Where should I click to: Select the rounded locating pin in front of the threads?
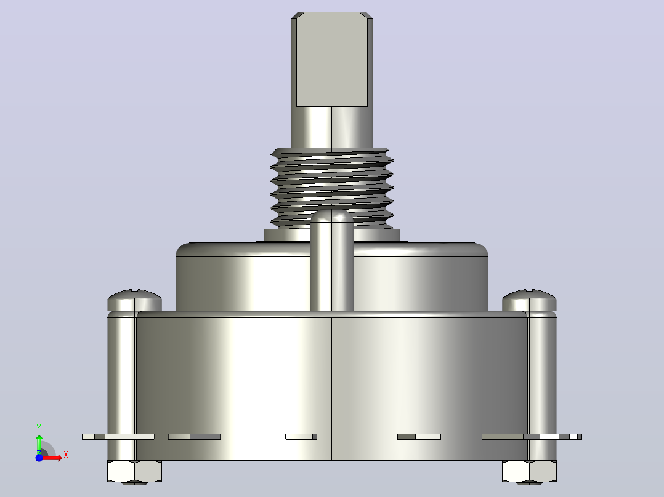pos(331,260)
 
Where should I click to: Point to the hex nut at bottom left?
pos(134,472)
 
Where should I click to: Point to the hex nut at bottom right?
pos(529,472)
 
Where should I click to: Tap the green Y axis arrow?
pos(39,443)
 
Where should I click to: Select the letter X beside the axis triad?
pos(66,455)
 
